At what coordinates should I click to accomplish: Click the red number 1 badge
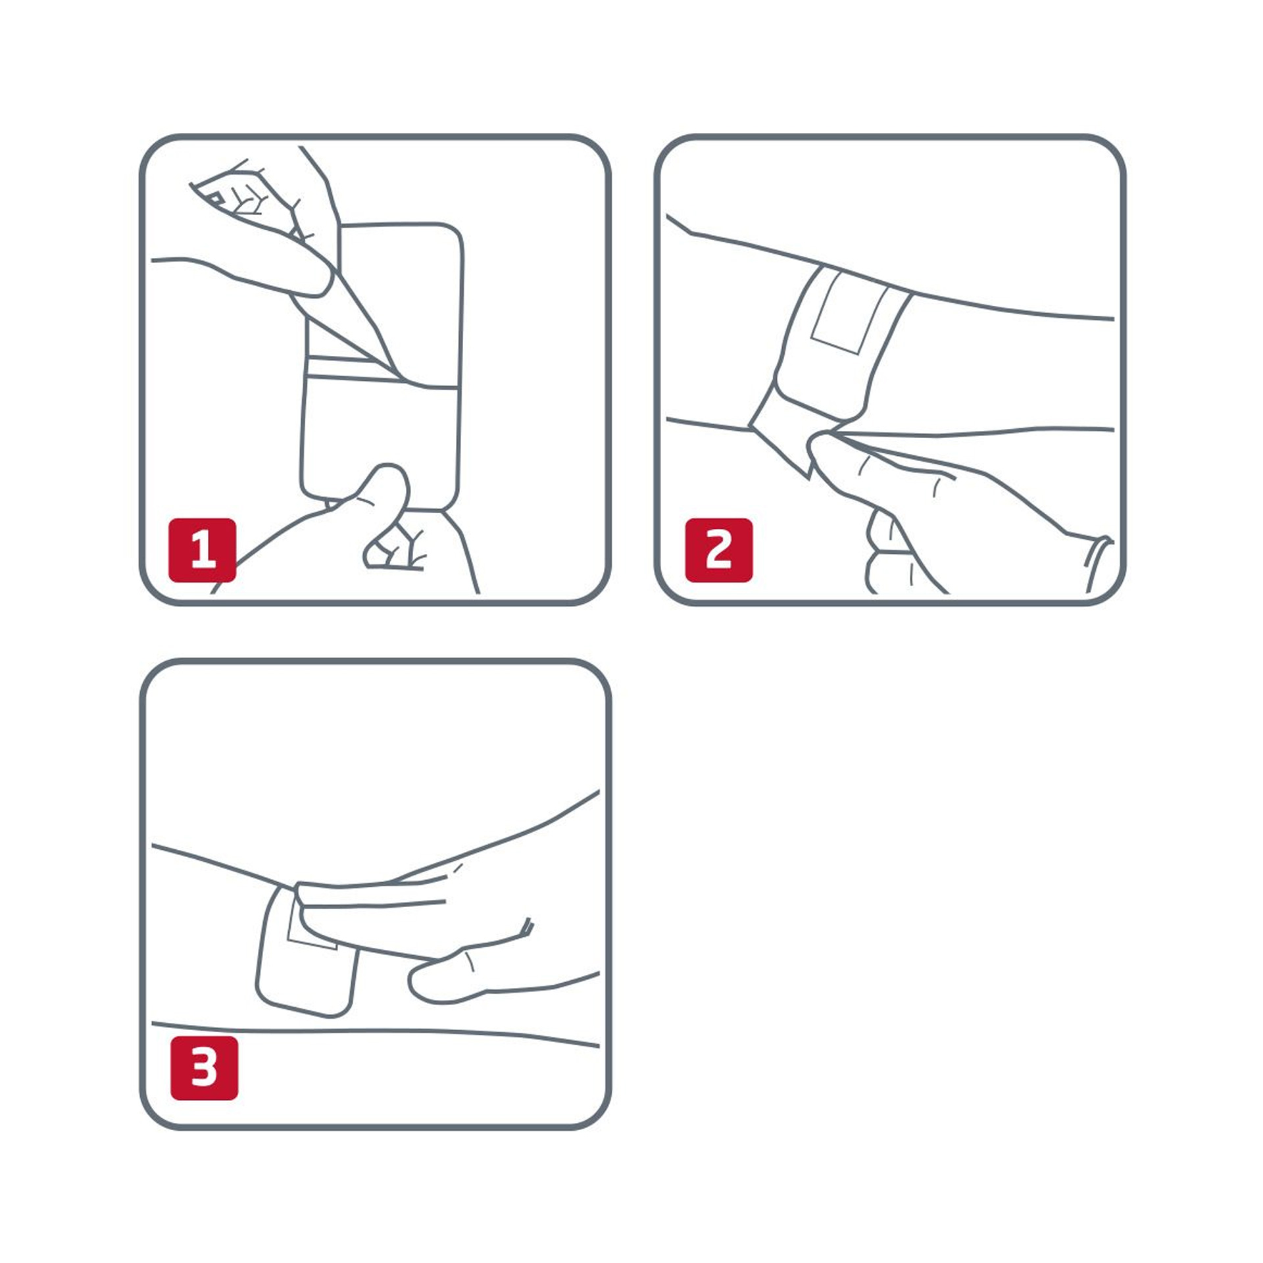[202, 550]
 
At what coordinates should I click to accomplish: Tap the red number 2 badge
[718, 550]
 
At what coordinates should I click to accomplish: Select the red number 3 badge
[204, 1068]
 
